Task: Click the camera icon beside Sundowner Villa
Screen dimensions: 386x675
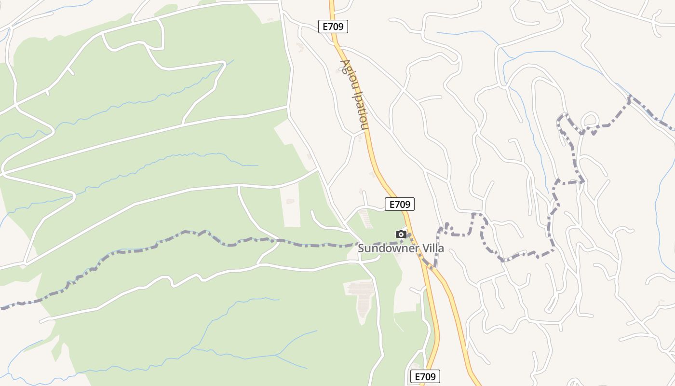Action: (x=401, y=234)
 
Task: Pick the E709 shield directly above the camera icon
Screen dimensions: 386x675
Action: (x=400, y=204)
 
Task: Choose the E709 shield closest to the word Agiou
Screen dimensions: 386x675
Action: (x=333, y=27)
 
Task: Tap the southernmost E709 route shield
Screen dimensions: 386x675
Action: (x=425, y=376)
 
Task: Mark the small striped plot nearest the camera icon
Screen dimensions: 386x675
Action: (x=366, y=219)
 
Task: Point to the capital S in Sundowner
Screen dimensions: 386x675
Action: (x=361, y=249)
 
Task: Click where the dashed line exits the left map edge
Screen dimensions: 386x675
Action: (x=1, y=307)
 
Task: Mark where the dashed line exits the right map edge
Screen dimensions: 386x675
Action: (x=674, y=129)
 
